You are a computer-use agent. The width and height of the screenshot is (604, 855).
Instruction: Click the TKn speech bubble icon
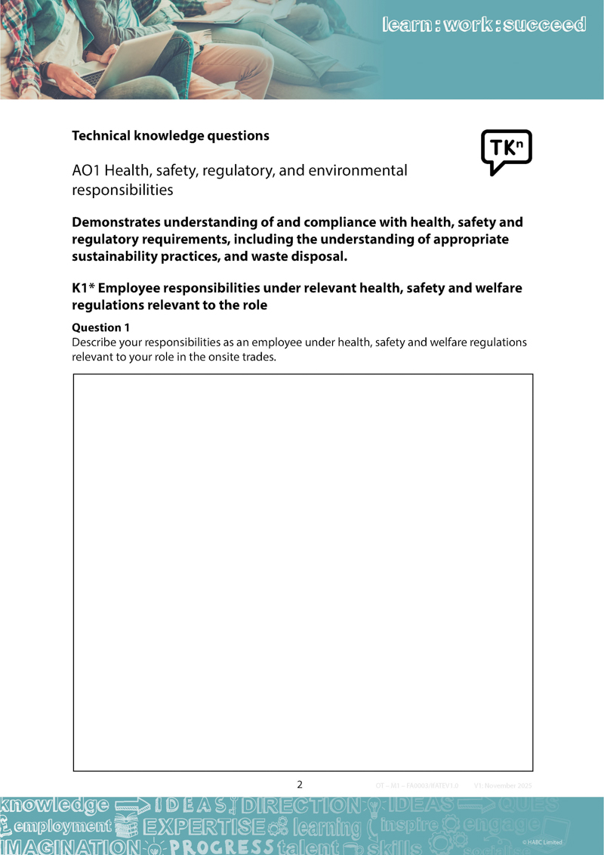click(506, 151)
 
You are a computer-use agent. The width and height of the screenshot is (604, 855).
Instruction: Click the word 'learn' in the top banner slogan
click(407, 25)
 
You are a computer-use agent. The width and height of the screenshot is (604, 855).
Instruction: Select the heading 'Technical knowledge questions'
click(170, 136)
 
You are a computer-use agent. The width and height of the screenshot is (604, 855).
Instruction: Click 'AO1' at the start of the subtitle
click(85, 171)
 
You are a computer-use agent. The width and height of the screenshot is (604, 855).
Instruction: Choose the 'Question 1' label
click(100, 327)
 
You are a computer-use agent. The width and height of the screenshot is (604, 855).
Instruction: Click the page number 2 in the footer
click(300, 785)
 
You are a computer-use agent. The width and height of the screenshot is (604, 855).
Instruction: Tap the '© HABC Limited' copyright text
click(542, 842)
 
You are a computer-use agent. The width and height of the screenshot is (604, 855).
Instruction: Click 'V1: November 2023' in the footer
click(503, 785)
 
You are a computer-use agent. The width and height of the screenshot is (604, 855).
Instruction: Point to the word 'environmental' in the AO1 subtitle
click(357, 171)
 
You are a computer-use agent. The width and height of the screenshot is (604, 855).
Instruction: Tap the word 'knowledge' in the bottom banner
click(57, 806)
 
